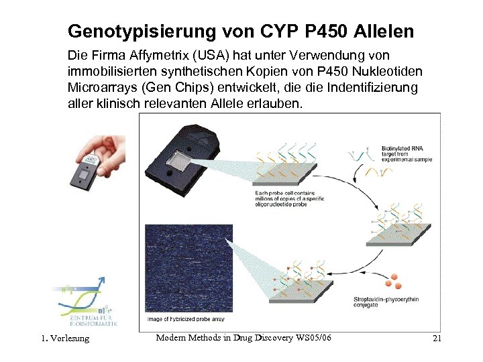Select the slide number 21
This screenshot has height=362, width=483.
tap(437, 339)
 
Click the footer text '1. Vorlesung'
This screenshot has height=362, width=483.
tap(65, 339)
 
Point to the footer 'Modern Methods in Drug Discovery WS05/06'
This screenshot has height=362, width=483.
tap(244, 338)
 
